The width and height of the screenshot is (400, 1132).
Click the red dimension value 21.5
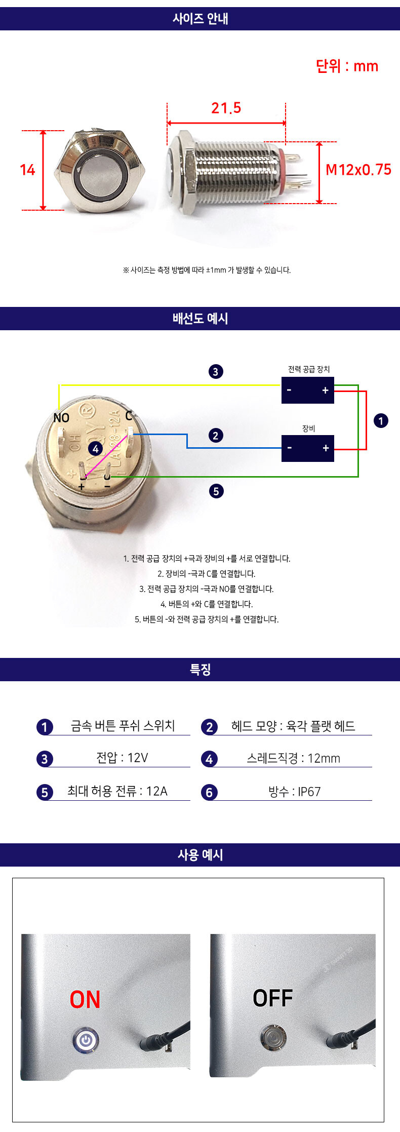coord(226,108)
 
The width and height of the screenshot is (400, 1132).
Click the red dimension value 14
coord(27,170)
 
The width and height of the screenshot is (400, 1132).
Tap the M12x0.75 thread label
coord(358,170)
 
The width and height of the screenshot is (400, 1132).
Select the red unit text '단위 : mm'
coord(347,66)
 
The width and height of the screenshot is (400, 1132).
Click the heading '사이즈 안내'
coord(200,19)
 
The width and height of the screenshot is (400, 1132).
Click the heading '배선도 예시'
coord(200,319)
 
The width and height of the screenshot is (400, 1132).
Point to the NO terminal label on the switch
coord(61,418)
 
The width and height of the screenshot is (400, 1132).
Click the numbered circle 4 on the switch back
coord(95,449)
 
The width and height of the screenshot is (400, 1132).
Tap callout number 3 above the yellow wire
coord(215,372)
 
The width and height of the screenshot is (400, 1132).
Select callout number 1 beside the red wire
coord(381,420)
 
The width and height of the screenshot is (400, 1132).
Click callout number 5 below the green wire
coord(216,491)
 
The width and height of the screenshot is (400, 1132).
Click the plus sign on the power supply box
coord(325,390)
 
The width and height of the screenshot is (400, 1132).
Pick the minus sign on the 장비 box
coord(290,448)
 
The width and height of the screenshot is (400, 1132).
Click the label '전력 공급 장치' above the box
coord(309,369)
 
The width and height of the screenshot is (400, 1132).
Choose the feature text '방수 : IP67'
coord(295,791)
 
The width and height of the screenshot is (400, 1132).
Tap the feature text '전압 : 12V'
coord(122,758)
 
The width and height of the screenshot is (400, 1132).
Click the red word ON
coord(85,1000)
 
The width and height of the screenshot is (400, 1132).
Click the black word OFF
coord(273,998)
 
